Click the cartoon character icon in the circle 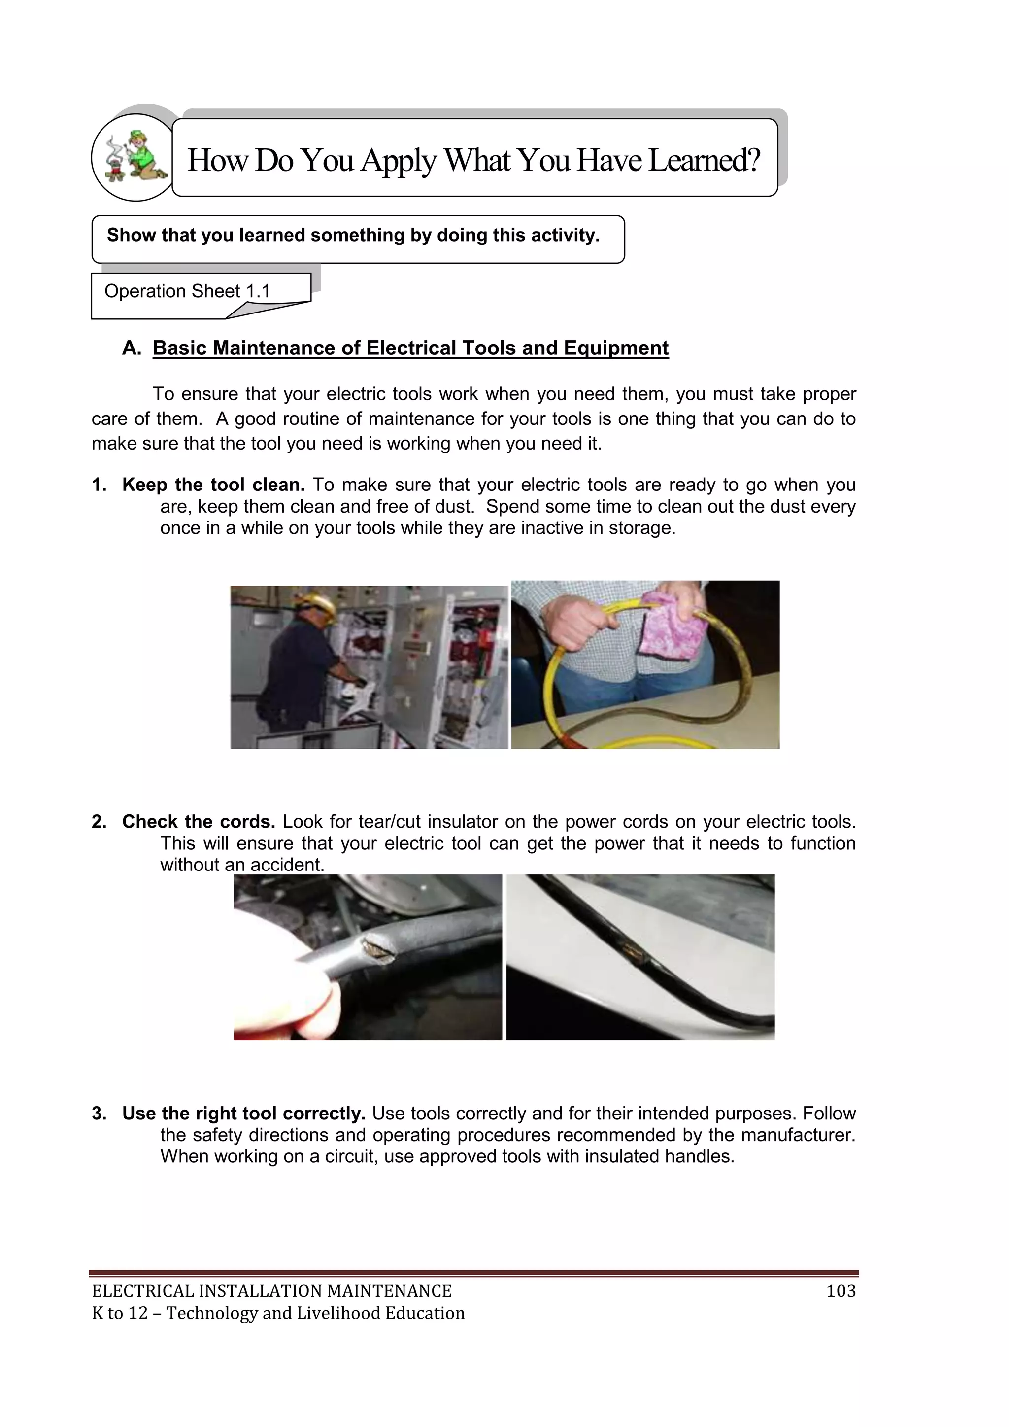pos(135,157)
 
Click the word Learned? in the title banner pos(704,160)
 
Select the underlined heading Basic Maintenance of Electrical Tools pos(410,348)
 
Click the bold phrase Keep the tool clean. pos(213,485)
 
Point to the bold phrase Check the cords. pos(198,822)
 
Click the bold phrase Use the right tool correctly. pos(243,1113)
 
